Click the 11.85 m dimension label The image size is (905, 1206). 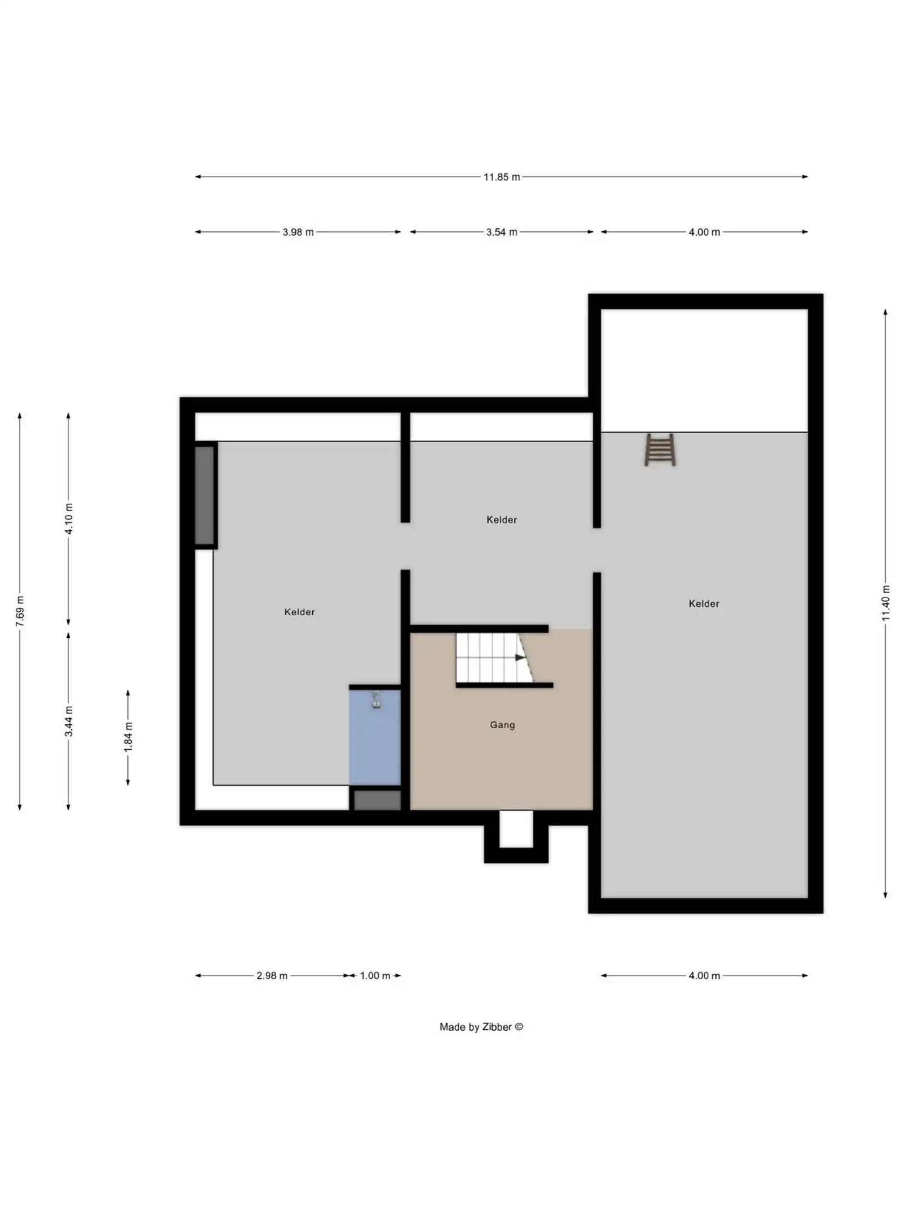coord(501,177)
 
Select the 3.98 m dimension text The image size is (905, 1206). coord(298,232)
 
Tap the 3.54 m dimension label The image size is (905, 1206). coord(501,232)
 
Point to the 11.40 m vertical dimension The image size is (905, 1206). coord(885,603)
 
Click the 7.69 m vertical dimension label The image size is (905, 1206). coord(20,611)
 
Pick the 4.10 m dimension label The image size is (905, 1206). coord(68,518)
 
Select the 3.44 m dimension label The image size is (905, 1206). coord(68,722)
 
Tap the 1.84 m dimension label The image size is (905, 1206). coord(128,737)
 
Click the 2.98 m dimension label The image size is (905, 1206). coord(271,975)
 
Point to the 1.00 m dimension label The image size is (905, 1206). coord(375,975)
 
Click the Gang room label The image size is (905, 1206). coord(502,725)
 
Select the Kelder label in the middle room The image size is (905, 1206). coord(502,520)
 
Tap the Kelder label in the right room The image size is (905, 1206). coord(704,604)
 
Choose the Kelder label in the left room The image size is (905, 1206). coord(299,612)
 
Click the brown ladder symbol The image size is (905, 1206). coord(660,450)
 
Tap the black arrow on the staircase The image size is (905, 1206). coord(519,657)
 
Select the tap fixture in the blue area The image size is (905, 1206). coord(376,701)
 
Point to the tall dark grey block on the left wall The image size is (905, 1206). coord(205,495)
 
